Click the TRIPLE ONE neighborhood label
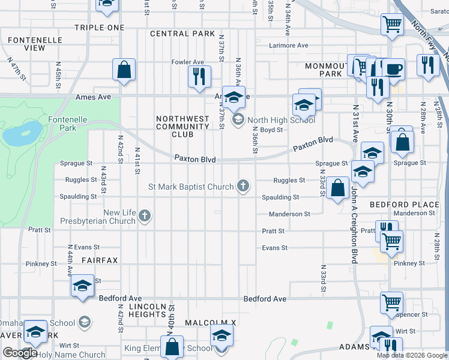[x=100, y=28]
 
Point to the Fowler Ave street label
[x=188, y=62]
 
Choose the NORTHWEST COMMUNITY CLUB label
[x=182, y=127]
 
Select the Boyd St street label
[x=271, y=130]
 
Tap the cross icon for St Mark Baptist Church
[x=243, y=186]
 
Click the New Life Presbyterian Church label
[x=98, y=217]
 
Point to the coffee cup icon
[x=394, y=69]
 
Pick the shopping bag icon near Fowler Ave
[x=124, y=70]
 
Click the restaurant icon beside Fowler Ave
[x=199, y=76]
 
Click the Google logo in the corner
[x=20, y=353]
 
